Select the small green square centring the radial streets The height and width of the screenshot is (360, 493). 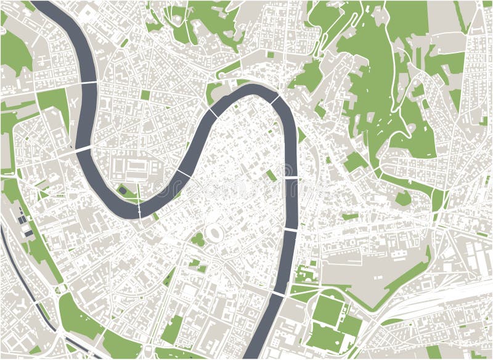click(x=145, y=95)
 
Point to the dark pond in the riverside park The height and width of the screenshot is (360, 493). click(x=123, y=190)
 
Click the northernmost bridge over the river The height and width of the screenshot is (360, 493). click(x=87, y=83)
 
